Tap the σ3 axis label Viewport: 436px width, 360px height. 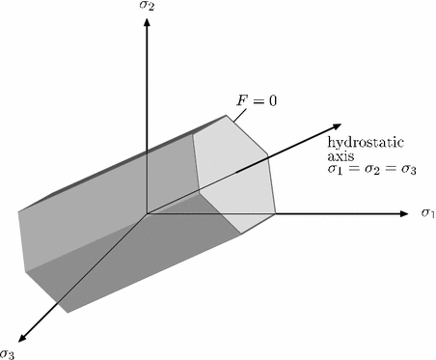click(8, 351)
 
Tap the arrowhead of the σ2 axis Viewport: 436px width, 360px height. click(146, 24)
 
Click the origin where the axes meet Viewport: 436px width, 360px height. click(146, 212)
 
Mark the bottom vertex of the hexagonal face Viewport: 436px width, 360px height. click(239, 232)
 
